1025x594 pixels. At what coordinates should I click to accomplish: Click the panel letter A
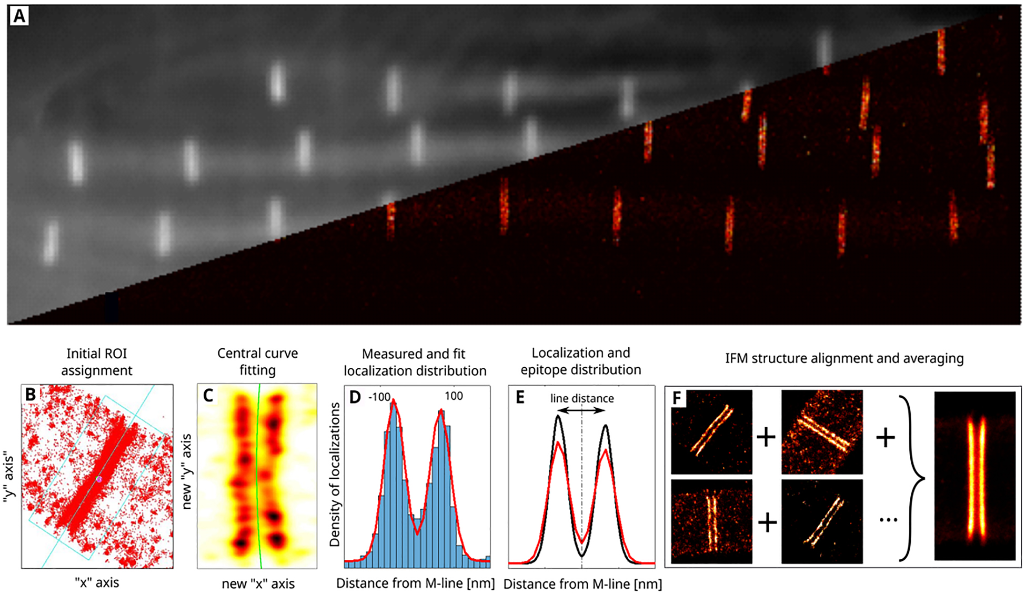tap(19, 16)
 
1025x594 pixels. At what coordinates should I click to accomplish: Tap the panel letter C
tap(208, 396)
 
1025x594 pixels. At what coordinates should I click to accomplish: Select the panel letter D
tap(355, 397)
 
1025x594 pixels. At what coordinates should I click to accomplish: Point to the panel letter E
tap(520, 397)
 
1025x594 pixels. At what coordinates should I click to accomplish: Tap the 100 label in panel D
tap(454, 396)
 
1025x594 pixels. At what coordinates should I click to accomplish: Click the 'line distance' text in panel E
tap(582, 398)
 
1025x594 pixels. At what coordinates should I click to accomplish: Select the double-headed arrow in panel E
tap(581, 410)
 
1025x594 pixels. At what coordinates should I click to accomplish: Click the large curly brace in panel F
tap(912, 478)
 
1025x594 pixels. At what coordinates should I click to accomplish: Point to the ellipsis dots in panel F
tap(888, 520)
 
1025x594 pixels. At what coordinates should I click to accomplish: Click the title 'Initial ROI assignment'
tap(97, 362)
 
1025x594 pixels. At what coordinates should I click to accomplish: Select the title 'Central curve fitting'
tap(257, 361)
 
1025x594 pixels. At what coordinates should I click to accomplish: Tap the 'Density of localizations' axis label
tap(334, 474)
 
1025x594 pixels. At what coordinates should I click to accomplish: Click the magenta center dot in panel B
tap(99, 479)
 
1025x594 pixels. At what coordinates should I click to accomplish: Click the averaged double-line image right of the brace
tap(974, 476)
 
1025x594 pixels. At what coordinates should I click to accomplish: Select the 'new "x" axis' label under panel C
tap(258, 583)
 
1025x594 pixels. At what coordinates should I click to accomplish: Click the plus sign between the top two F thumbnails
tap(766, 437)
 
